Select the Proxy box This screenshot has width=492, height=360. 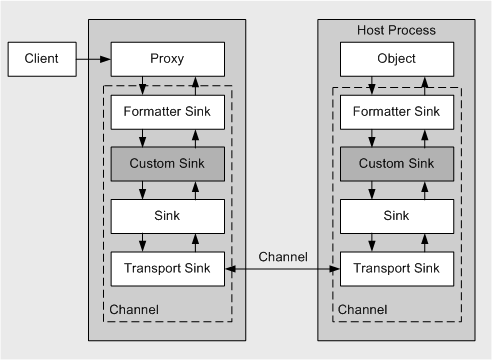pyautogui.click(x=167, y=59)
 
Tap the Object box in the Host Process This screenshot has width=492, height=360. pyautogui.click(x=397, y=59)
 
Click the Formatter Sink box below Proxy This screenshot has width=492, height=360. pyautogui.click(x=167, y=112)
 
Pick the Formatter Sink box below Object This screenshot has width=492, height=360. pyautogui.click(x=397, y=112)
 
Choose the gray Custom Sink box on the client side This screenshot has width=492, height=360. pyautogui.click(x=167, y=164)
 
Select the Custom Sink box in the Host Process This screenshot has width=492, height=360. pyautogui.click(x=397, y=164)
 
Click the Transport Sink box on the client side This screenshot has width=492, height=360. pyautogui.click(x=167, y=268)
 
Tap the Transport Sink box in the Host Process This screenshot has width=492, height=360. pyautogui.click(x=397, y=268)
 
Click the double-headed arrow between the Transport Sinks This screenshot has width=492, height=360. pyautogui.click(x=283, y=269)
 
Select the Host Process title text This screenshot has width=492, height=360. pyautogui.click(x=397, y=30)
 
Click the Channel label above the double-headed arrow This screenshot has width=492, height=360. pyautogui.click(x=283, y=256)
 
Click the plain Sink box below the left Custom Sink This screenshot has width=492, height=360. pyautogui.click(x=167, y=216)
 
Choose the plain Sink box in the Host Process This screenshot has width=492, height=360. pyautogui.click(x=397, y=216)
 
